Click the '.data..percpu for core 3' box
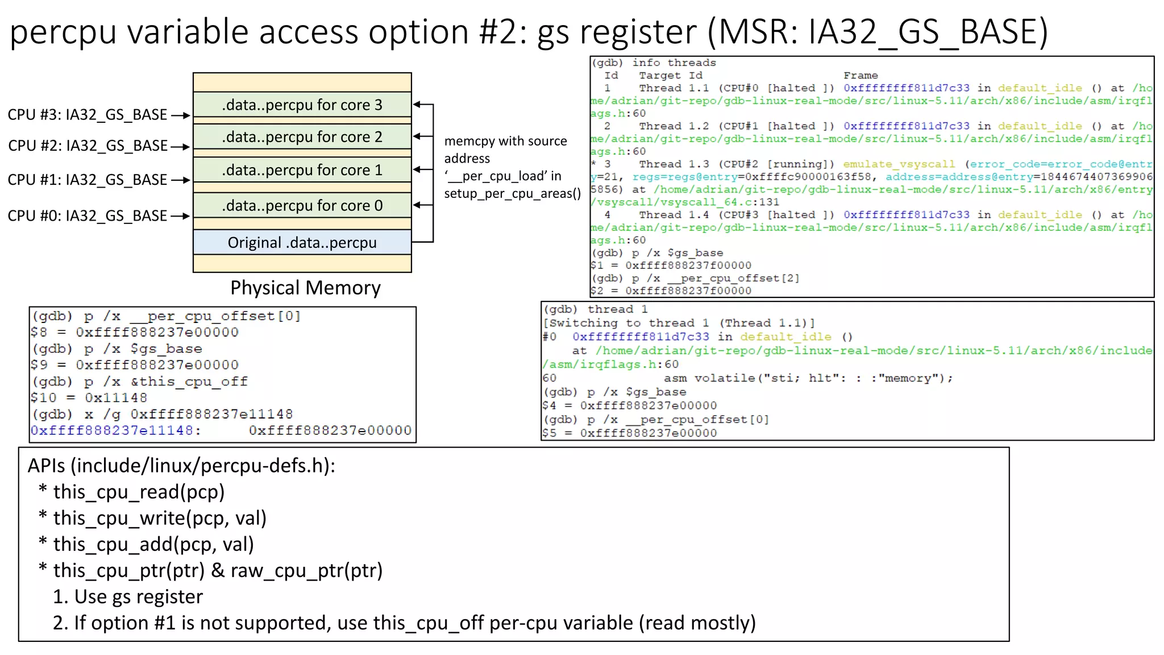pos(302,105)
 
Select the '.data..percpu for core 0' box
pos(302,205)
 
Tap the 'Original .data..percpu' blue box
pos(302,243)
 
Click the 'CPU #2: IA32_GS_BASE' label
pos(88,146)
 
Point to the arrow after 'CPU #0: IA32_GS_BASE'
pos(180,216)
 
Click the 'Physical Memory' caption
pos(305,288)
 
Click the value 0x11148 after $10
pos(116,398)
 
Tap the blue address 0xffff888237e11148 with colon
pos(116,430)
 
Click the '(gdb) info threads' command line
pos(654,63)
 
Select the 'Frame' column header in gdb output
pos(860,76)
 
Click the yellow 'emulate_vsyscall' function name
pos(899,164)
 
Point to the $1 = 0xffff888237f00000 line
pos(671,266)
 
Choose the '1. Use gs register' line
pos(127,596)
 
